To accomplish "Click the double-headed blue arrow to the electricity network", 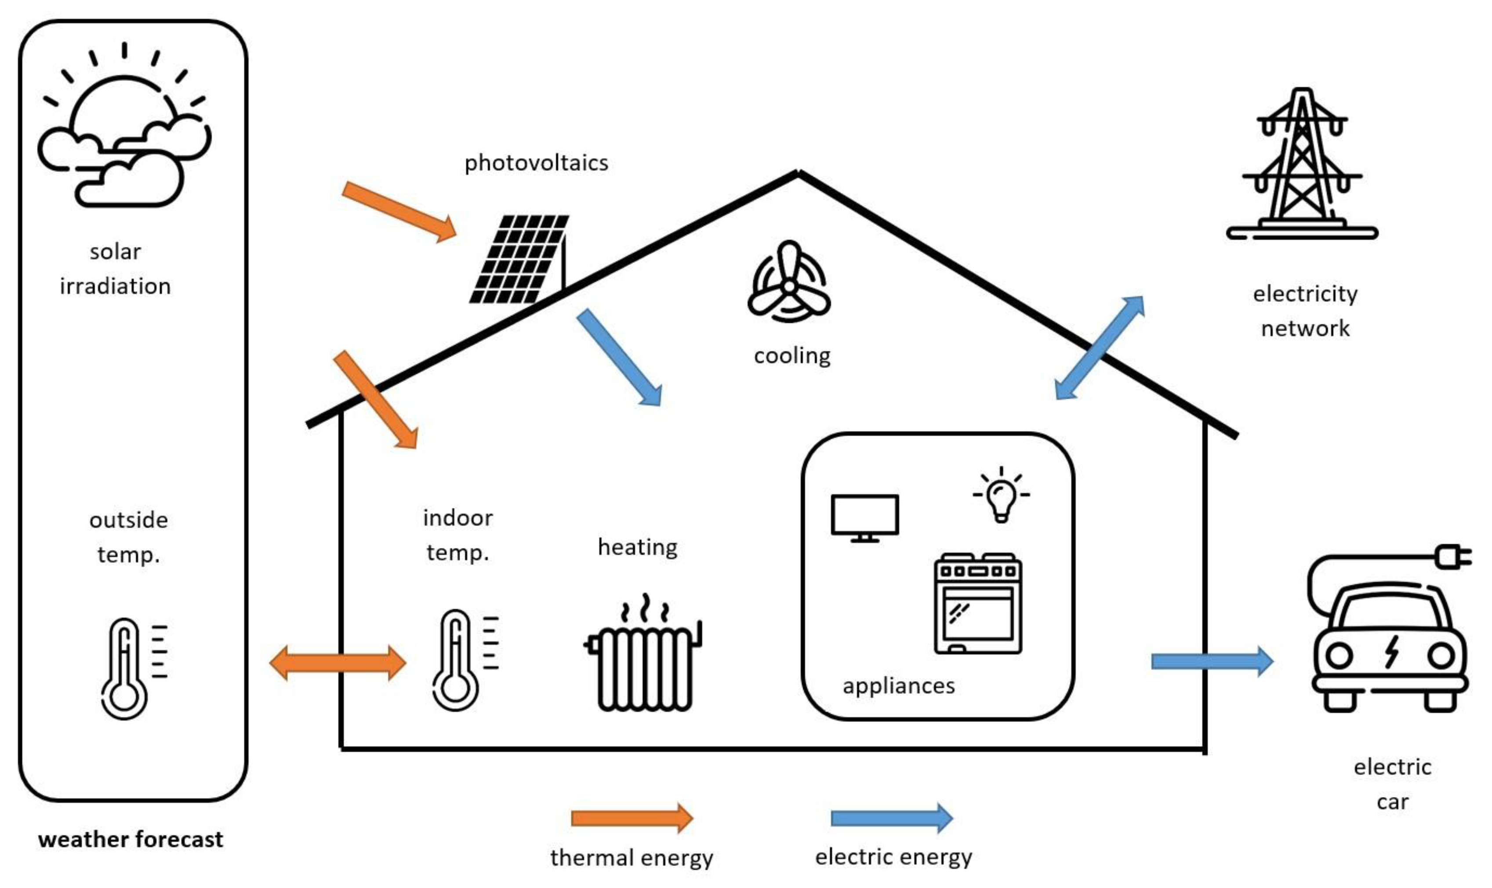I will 1099,348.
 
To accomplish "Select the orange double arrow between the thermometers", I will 338,663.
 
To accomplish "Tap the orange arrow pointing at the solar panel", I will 399,212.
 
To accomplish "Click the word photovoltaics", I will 536,163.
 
